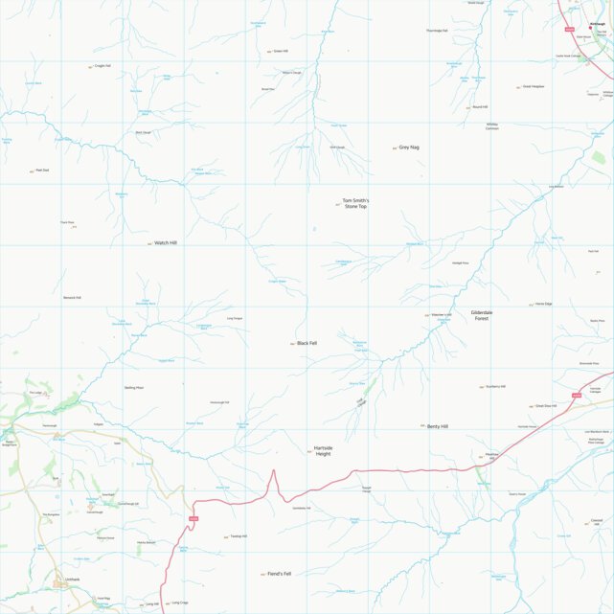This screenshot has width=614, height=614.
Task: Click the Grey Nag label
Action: [x=409, y=148]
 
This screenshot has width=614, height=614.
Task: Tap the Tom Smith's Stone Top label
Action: [x=355, y=204]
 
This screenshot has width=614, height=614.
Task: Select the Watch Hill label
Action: [x=167, y=243]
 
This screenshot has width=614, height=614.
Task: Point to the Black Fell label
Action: [x=307, y=343]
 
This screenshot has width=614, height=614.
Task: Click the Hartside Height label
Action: [x=323, y=450]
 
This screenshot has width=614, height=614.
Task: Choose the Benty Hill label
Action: [x=438, y=425]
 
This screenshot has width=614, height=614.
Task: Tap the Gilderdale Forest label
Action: [x=482, y=315]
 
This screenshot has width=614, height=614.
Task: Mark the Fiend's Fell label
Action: [x=279, y=574]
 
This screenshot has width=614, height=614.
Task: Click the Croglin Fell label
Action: [x=102, y=66]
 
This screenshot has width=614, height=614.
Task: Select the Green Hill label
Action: [x=281, y=52]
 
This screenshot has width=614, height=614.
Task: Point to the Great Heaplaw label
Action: [x=534, y=86]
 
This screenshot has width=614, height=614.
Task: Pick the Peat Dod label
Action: [x=42, y=171]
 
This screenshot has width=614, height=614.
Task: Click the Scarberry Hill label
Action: [x=496, y=386]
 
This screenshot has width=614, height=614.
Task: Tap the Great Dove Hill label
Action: [x=545, y=405]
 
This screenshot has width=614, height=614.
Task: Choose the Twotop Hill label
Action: [x=239, y=536]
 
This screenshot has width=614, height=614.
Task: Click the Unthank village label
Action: [x=73, y=580]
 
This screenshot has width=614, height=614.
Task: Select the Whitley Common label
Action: [x=492, y=125]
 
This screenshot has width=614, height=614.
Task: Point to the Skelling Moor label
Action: [x=134, y=387]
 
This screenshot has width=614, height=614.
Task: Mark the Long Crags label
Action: [x=179, y=603]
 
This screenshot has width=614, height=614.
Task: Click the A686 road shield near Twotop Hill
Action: [x=193, y=519]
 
